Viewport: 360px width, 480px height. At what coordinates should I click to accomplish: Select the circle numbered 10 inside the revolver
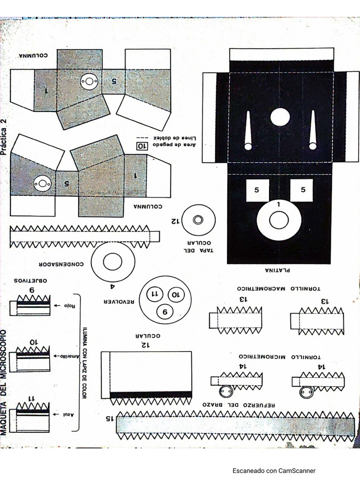click(x=175, y=295)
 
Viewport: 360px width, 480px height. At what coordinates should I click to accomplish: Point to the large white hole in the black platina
click(x=280, y=117)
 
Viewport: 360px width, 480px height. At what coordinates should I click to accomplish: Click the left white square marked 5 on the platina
click(x=257, y=190)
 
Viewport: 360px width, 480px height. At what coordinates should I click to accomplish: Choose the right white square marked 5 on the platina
click(x=301, y=190)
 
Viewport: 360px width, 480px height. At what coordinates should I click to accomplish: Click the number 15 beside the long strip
click(x=109, y=418)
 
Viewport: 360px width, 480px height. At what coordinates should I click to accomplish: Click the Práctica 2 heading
click(x=4, y=136)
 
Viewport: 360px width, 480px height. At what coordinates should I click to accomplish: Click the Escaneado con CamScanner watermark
click(x=274, y=471)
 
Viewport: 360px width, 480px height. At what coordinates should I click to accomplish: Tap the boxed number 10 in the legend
click(x=141, y=146)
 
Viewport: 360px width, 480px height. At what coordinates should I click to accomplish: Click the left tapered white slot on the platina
click(x=248, y=131)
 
